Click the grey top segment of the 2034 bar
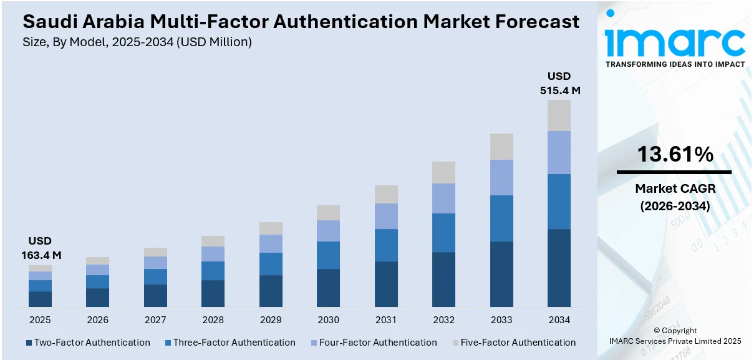point(559,115)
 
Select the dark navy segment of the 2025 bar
point(40,299)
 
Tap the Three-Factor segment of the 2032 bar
point(443,233)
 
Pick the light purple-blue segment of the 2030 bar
point(328,231)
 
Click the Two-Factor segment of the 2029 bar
point(271,291)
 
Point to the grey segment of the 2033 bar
point(501,147)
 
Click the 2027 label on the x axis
point(155,320)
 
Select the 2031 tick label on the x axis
point(386,320)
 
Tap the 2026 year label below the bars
point(98,320)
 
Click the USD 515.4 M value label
point(559,84)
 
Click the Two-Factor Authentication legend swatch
point(29,343)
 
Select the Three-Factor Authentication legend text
point(234,343)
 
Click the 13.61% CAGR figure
point(675,154)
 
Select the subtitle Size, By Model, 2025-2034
point(137,42)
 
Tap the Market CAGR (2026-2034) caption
point(675,196)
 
